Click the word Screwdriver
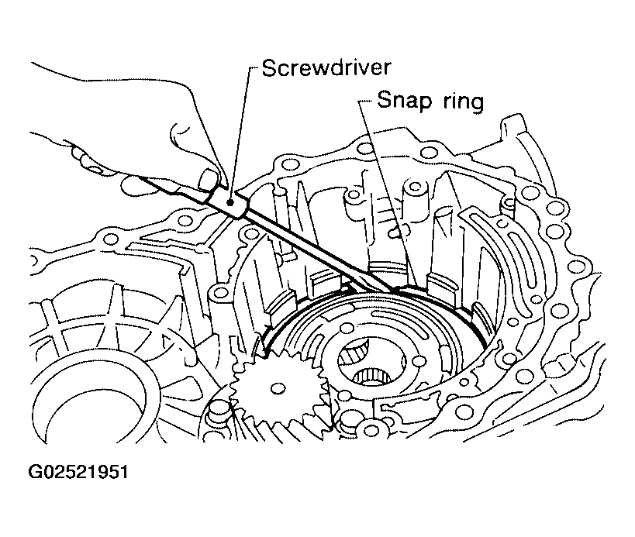pos(326,67)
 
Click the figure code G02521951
pos(78,472)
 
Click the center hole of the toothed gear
pos(278,389)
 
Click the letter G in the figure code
pos(35,472)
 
